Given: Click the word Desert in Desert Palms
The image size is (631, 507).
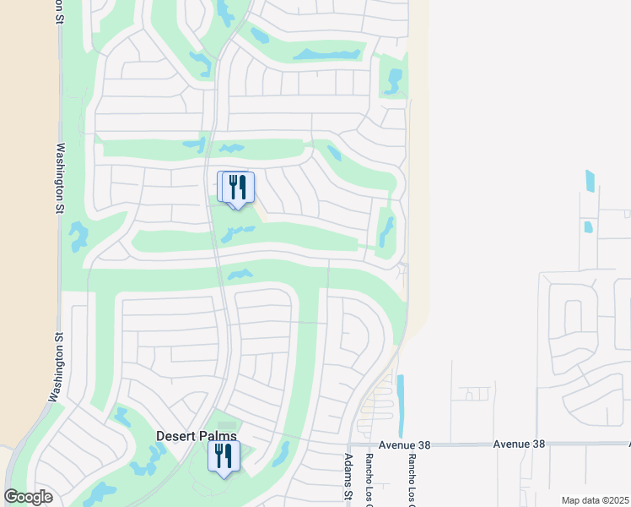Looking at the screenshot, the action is (177, 436).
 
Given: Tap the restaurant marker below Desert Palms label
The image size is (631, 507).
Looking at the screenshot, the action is (224, 457).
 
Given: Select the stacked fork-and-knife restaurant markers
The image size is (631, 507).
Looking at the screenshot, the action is (236, 188).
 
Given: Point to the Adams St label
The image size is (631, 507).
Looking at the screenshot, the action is (348, 476).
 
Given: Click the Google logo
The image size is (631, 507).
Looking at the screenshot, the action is (28, 497).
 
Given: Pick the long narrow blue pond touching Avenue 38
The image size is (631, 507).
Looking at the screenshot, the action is (400, 406).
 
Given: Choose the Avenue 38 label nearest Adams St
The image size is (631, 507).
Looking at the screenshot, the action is (404, 444).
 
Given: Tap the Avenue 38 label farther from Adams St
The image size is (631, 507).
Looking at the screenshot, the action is (519, 444).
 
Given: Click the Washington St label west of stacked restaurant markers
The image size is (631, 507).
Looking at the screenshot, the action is (60, 178).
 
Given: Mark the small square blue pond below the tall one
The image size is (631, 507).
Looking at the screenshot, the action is (587, 226).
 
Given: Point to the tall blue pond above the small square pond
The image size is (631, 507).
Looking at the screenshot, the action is (590, 180).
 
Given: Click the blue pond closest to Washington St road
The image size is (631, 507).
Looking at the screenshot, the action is (78, 236).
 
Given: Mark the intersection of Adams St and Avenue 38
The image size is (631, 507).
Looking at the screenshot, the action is (349, 444).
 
